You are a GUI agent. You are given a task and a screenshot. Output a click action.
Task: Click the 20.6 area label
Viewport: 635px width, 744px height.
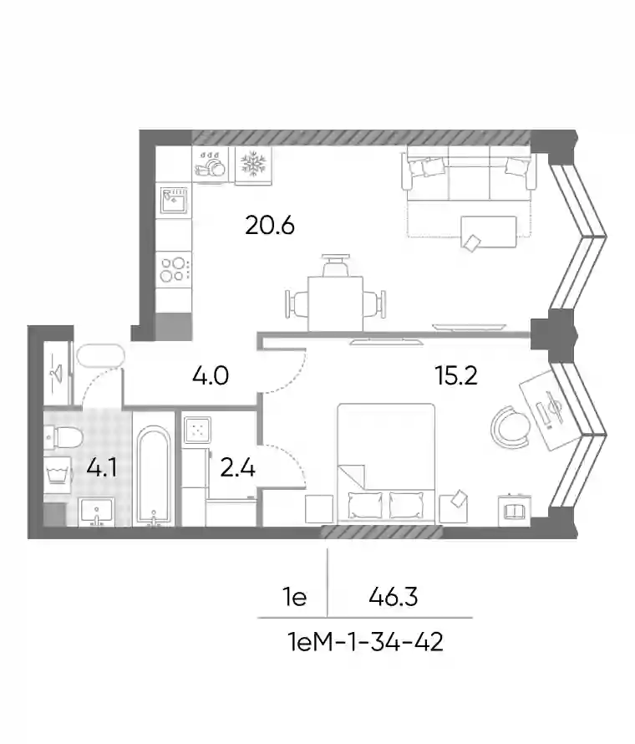tap(270, 225)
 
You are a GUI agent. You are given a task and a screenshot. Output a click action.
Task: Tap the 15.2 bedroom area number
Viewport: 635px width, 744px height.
tap(455, 376)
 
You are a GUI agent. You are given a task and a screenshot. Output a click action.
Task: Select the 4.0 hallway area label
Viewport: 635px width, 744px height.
tap(211, 376)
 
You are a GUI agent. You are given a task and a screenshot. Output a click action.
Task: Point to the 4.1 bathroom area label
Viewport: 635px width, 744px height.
tap(101, 469)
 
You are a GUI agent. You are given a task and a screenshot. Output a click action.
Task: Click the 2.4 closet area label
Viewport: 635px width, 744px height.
tap(238, 468)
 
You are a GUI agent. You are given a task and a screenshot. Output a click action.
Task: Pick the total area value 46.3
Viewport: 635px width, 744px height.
tap(394, 596)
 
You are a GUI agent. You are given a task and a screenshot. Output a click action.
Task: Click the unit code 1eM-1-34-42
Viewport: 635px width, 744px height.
tap(365, 643)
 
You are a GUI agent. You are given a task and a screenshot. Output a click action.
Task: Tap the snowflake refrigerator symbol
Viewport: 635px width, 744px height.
tap(254, 164)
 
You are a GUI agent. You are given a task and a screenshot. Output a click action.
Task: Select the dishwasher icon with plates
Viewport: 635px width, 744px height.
tap(211, 164)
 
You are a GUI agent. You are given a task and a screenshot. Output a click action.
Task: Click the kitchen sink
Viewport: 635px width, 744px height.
tap(174, 201)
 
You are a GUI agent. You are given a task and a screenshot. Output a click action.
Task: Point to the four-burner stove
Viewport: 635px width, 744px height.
tap(174, 269)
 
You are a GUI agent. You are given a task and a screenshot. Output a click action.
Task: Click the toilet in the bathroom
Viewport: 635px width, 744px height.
tap(63, 436)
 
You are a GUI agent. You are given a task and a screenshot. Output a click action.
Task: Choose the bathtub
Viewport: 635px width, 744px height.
tap(154, 476)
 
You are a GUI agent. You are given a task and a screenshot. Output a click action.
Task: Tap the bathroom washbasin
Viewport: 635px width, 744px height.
tap(97, 512)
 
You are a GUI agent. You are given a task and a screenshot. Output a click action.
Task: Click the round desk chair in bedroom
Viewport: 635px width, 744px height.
tap(510, 426)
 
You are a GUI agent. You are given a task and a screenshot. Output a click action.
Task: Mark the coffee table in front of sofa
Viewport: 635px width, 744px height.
tap(489, 232)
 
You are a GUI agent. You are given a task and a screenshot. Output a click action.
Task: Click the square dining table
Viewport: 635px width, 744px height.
tap(335, 303)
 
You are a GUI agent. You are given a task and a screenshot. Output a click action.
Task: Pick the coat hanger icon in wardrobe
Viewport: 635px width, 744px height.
tap(58, 373)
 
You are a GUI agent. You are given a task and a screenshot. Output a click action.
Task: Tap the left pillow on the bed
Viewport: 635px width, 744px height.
tap(365, 506)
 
